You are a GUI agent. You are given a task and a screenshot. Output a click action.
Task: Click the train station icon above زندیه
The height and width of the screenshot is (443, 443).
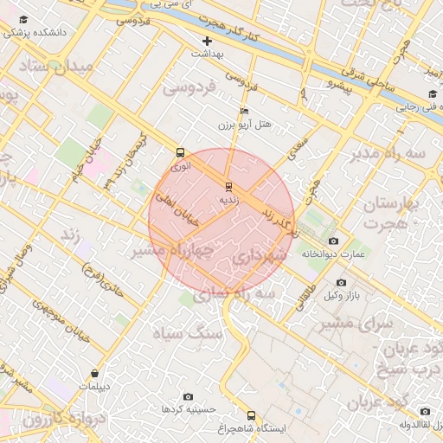[x=228, y=186]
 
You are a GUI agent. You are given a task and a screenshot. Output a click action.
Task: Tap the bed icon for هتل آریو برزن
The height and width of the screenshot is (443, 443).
[x=245, y=112]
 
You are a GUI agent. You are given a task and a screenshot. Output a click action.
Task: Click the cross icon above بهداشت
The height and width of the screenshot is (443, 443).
[x=207, y=41]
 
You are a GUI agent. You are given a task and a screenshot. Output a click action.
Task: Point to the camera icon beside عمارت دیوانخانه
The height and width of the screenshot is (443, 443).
[x=334, y=241]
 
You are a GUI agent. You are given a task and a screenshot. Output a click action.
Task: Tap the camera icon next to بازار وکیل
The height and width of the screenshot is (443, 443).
[x=341, y=283]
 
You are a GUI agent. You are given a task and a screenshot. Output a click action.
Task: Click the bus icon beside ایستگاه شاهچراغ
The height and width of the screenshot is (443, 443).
[x=251, y=415]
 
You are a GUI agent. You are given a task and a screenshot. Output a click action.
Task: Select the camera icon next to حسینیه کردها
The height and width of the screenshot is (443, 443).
[x=188, y=396]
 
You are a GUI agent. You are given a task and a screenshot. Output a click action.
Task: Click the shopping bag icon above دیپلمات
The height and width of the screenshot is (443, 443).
[x=94, y=373]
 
